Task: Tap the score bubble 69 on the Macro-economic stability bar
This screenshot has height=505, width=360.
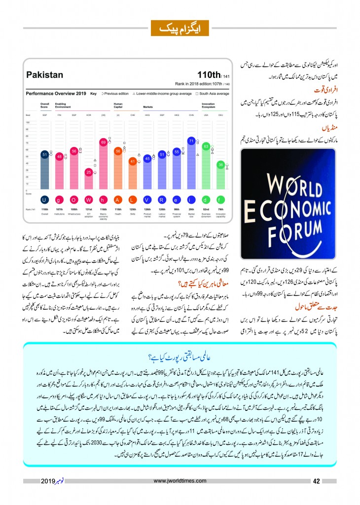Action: point(104,142)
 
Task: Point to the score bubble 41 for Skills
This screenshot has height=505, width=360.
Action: point(132,161)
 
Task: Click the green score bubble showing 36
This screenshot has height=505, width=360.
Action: point(221,165)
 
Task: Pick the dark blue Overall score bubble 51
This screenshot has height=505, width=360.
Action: point(44,154)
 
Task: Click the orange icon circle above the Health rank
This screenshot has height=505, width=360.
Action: point(118,199)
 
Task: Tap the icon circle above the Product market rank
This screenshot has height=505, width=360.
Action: point(147,199)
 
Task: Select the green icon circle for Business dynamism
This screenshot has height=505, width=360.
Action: point(206,199)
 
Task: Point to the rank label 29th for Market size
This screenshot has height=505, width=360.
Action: point(191,209)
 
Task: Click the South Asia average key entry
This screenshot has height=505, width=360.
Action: point(213,93)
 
